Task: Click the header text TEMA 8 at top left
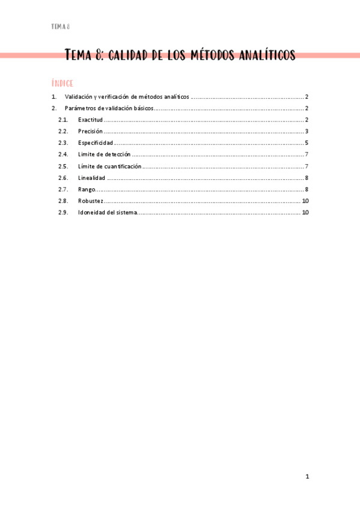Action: [61, 26]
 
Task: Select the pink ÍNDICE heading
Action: [63, 83]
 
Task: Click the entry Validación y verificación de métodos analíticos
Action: [127, 97]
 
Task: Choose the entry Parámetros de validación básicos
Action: [109, 108]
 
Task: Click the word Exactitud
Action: [91, 120]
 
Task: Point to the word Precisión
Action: [90, 131]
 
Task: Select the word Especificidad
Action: [95, 143]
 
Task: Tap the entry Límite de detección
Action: [104, 155]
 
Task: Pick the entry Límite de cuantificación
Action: [109, 166]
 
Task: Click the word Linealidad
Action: [91, 178]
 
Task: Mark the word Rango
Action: [86, 189]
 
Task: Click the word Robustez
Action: [90, 201]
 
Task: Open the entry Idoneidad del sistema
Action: [107, 212]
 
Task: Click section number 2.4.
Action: [63, 155]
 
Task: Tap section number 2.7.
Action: [63, 189]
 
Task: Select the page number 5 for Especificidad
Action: [307, 143]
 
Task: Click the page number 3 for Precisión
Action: [307, 131]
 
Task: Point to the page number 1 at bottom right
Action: [307, 477]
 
